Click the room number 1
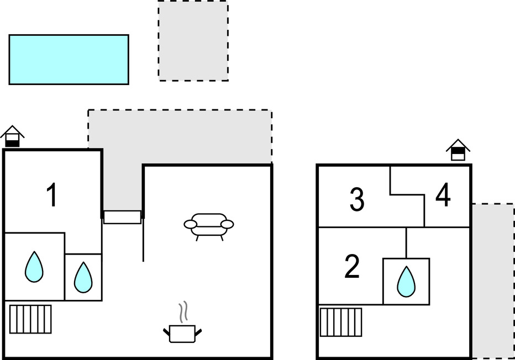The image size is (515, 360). tap(51, 195)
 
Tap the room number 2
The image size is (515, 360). tap(352, 267)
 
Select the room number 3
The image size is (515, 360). tap(357, 200)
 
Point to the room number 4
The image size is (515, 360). tap(443, 196)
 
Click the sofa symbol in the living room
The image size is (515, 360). tap(208, 226)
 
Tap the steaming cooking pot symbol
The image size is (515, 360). tap(182, 333)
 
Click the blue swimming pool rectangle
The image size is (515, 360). tap(69, 60)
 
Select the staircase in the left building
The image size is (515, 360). tap(30, 319)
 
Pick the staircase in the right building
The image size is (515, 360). tap(340, 322)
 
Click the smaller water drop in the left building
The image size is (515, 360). tap(83, 277)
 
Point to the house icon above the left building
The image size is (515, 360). tap(12, 136)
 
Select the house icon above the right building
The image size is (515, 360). tap(458, 150)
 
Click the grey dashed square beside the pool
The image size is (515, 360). tap(193, 41)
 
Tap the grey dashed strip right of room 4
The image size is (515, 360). tap(493, 280)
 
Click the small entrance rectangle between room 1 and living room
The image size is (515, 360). tap(122, 217)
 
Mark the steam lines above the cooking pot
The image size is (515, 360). tap(184, 312)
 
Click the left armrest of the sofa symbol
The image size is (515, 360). tap(190, 224)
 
